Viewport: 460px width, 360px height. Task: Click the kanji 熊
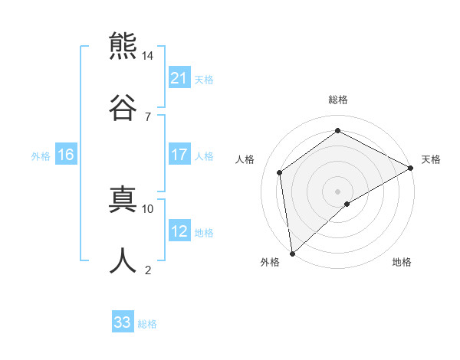pos(123,46)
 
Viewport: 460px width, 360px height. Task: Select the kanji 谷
pos(123,105)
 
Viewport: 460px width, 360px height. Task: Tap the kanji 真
pos(123,198)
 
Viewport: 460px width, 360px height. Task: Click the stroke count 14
pos(148,56)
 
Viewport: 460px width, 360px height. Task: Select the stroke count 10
pos(148,208)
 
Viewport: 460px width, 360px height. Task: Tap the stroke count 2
pos(148,270)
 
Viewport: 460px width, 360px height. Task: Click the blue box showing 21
pos(179,78)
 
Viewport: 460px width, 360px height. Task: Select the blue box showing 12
pos(179,232)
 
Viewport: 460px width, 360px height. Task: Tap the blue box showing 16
pos(66,155)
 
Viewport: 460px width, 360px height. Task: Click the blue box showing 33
pos(123,323)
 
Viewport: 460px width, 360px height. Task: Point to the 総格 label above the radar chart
pos(338,100)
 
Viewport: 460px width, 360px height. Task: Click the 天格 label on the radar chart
pos(432,159)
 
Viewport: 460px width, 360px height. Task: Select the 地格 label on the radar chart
pos(402,263)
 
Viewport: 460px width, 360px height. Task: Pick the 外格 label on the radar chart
pos(270,263)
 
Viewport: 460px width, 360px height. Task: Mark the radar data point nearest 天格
pos(411,169)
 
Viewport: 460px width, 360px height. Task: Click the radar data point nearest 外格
pos(292,253)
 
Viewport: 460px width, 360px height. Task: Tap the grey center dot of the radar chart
pos(338,190)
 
